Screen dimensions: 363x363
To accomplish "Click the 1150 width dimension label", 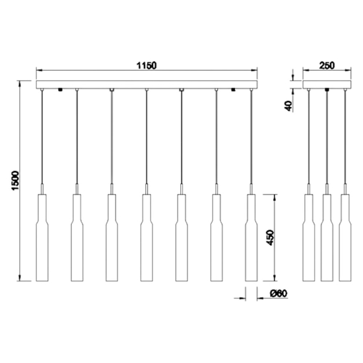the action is click(x=147, y=65).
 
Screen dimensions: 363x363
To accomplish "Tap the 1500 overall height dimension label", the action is click(x=15, y=181).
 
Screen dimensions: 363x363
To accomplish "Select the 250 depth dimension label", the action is click(x=327, y=65).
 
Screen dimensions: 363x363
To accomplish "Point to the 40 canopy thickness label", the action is click(x=288, y=106).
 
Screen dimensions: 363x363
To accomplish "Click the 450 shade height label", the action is click(x=270, y=238).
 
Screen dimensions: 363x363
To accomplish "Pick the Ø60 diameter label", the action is click(x=279, y=294).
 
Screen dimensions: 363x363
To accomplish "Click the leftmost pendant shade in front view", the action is click(x=42, y=238).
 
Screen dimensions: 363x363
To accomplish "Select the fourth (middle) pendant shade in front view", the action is click(x=147, y=238).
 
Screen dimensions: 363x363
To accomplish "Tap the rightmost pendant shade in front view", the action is click(x=251, y=238).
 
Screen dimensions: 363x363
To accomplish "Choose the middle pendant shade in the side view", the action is click(x=327, y=238).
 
